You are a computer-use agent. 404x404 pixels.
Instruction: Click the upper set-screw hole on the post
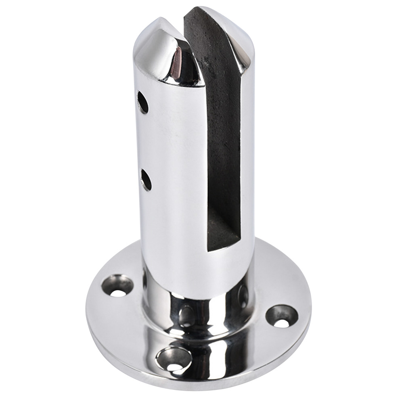tap(143, 103)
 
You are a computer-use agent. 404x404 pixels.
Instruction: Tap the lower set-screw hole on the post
tap(146, 180)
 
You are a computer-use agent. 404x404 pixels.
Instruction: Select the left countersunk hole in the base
tap(117, 286)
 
